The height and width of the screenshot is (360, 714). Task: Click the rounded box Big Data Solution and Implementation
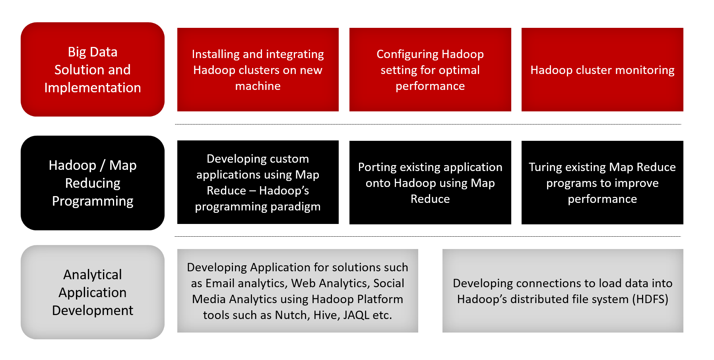click(x=93, y=70)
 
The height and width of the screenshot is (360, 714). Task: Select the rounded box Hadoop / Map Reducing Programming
click(x=93, y=183)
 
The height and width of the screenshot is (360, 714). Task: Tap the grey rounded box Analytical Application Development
click(x=93, y=292)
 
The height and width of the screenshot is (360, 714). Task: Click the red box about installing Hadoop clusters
click(x=258, y=70)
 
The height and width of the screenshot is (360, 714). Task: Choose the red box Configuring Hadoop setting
click(x=430, y=70)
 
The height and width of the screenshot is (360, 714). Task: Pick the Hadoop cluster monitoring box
click(x=602, y=70)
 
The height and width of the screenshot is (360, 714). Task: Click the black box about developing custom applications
click(x=258, y=182)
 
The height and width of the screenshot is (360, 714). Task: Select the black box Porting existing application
click(x=430, y=183)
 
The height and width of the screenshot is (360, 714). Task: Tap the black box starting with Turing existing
click(x=602, y=183)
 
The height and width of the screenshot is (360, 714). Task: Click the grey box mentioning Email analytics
click(x=298, y=291)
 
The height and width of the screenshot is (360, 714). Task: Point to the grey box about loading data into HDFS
click(x=563, y=291)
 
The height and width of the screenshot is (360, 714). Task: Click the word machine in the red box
click(x=258, y=86)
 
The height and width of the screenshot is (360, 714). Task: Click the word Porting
click(x=377, y=167)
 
